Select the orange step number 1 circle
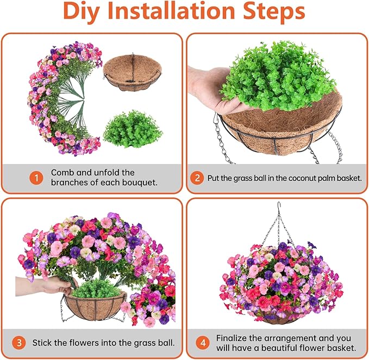coord(36,178)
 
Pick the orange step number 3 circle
coord(19,343)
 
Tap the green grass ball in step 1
coord(133,128)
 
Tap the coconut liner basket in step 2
coord(283,128)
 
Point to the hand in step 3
coord(52,285)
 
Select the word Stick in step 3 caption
coord(42,343)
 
